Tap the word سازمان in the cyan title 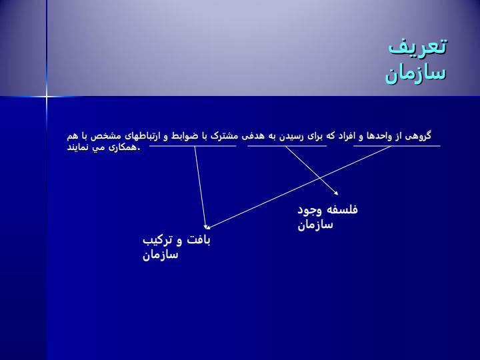coord(415,74)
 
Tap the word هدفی coord(253,136)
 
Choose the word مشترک coord(224,136)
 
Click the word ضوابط coord(184,136)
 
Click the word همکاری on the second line coord(122,147)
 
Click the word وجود coord(310,211)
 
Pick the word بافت coord(199,240)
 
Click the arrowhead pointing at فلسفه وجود coord(337,193)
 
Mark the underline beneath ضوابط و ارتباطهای coord(193,146)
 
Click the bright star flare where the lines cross coord(47,97)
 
